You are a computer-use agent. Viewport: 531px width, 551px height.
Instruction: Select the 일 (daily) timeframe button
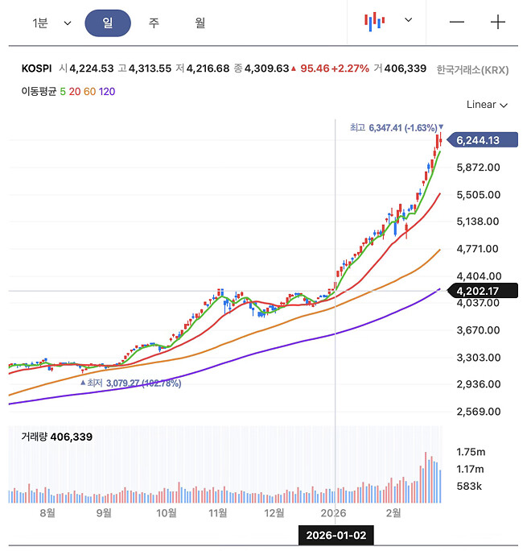point(107,23)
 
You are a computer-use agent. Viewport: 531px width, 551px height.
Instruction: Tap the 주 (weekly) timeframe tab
point(153,23)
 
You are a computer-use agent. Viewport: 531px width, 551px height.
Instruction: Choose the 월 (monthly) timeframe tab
point(200,23)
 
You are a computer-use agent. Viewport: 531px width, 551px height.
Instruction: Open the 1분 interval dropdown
point(51,23)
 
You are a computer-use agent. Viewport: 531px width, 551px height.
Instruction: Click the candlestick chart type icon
point(373,22)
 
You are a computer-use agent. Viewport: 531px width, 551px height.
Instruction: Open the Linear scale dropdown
point(487,105)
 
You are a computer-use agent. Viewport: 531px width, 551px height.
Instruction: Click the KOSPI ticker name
point(37,69)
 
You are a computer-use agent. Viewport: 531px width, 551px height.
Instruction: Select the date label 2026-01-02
point(336,535)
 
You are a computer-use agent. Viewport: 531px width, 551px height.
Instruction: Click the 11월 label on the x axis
point(218,512)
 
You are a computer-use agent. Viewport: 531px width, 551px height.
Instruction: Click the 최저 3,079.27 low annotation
point(134,383)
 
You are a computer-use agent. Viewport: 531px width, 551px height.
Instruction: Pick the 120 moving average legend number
point(107,91)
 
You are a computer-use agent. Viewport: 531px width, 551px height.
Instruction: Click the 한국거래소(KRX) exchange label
point(473,69)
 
